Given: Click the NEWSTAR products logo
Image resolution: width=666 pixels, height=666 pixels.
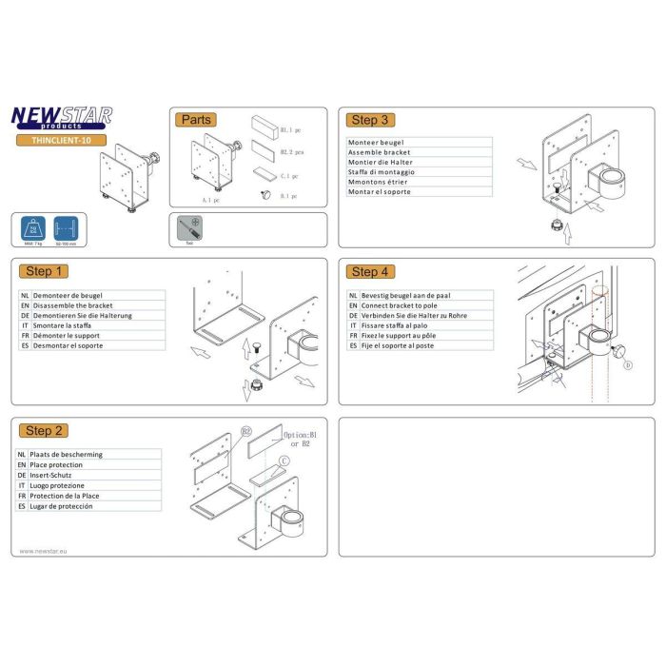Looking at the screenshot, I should click(61, 117).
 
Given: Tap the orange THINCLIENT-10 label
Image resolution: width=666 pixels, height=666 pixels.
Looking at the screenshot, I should click(61, 140).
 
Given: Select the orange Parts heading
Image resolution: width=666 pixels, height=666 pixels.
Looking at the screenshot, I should click(195, 120).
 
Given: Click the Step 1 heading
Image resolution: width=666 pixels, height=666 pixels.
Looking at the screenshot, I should click(46, 271).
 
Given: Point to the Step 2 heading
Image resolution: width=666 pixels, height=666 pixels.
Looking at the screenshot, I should click(46, 431).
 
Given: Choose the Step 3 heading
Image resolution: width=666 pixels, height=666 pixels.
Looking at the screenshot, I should click(370, 120).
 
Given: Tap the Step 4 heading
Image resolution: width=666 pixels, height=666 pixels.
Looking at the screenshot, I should click(370, 271).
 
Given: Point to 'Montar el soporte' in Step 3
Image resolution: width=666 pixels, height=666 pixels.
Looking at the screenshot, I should click(379, 192).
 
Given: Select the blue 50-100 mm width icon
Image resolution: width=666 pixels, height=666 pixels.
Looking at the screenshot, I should click(66, 231).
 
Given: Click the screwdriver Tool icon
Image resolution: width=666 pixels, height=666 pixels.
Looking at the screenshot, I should click(189, 229).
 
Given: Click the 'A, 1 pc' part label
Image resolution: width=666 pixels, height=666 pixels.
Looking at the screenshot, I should click(210, 201).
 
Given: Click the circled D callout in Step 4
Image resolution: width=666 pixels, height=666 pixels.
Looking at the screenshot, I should click(627, 364).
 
